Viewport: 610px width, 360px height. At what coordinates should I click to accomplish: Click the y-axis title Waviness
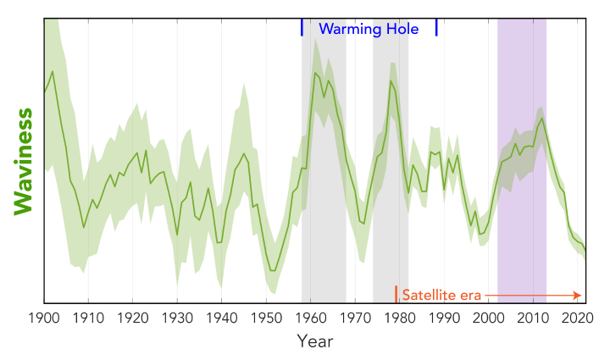point(24,161)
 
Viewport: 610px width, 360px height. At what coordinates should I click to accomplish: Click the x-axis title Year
point(314,341)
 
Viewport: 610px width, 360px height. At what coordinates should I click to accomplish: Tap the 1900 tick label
point(43,318)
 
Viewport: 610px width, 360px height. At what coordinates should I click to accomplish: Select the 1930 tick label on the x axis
point(176,318)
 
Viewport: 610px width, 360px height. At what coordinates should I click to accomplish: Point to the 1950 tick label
point(266,318)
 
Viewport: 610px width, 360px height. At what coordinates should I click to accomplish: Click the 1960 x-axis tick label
point(310,318)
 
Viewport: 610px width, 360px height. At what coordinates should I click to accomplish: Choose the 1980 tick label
point(399,318)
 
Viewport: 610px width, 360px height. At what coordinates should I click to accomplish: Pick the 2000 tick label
point(488,318)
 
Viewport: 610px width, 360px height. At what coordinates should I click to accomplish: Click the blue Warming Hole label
point(369,28)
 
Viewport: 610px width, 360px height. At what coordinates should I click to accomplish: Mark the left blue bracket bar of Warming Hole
point(302,28)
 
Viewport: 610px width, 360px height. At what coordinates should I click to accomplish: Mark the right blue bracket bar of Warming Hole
point(436,28)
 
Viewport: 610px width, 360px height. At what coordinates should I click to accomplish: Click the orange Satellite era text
point(441,296)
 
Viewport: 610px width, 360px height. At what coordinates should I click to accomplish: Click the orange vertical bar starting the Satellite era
point(396,295)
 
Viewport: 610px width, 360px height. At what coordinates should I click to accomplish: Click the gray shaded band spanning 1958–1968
point(324,212)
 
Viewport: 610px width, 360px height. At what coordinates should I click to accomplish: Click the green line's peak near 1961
point(315,73)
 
